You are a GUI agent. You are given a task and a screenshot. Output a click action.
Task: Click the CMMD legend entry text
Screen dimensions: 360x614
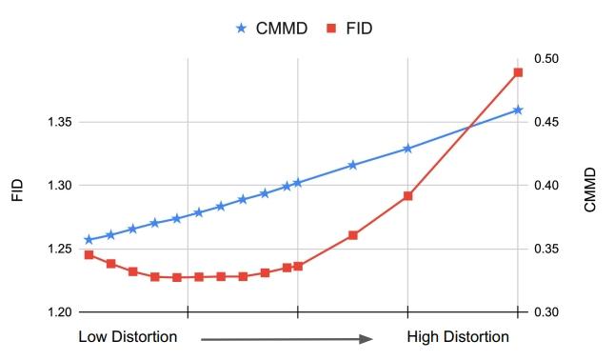click(282, 28)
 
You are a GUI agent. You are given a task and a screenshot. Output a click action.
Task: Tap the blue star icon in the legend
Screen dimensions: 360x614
click(241, 28)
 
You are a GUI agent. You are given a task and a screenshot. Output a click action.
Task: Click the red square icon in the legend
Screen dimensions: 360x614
click(330, 28)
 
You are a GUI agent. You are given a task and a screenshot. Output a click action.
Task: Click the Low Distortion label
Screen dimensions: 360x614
click(128, 337)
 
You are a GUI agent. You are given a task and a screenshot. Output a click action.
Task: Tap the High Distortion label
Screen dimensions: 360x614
click(458, 337)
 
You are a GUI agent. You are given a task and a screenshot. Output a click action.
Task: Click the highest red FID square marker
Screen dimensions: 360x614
click(518, 72)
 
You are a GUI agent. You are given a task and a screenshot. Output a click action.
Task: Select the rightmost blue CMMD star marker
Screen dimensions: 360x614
click(518, 110)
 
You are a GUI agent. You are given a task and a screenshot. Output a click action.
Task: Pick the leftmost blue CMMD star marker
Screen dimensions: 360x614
click(89, 239)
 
